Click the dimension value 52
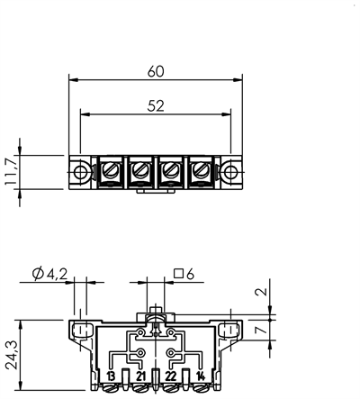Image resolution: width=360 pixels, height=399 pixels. tap(156, 104)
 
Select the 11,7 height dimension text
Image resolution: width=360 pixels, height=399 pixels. tap(10, 172)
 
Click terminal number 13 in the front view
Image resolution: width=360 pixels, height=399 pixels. tap(110, 376)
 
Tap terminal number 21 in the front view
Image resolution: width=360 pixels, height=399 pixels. tap(140, 376)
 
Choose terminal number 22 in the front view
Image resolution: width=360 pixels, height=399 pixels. tap(172, 376)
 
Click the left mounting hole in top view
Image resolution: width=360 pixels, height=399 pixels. tap(81, 171)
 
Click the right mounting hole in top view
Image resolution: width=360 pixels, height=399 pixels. tap(231, 171)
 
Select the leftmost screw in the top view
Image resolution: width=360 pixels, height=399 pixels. tap(113, 169)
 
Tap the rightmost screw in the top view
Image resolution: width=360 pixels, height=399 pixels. tap(199, 169)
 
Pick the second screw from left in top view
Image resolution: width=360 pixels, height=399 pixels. tap(142, 169)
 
